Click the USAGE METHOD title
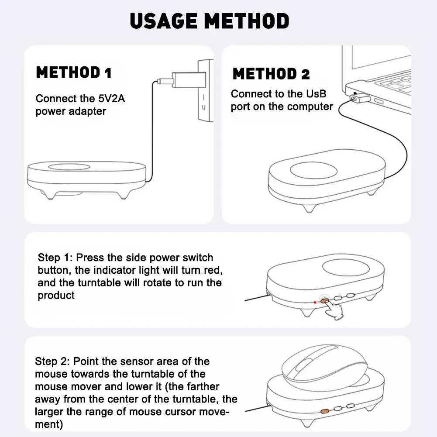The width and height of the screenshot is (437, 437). point(210,21)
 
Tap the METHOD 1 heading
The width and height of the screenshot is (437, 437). point(74,72)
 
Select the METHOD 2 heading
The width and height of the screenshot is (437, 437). point(271,74)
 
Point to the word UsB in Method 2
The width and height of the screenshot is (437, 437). point(316,94)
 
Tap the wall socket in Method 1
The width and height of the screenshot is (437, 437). point(205,90)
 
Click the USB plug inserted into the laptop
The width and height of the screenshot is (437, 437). point(360,98)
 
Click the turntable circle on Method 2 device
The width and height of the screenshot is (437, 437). point(313,170)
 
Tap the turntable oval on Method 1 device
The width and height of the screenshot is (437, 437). point(69,167)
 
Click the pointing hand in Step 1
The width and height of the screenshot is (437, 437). point(334,310)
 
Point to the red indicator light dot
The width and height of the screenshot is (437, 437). point(315,303)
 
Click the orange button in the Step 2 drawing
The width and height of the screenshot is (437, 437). point(324,411)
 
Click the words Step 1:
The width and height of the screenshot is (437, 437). point(55,258)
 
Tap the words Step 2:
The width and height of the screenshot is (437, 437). point(52,361)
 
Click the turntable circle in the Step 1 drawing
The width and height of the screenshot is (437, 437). point(346,268)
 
